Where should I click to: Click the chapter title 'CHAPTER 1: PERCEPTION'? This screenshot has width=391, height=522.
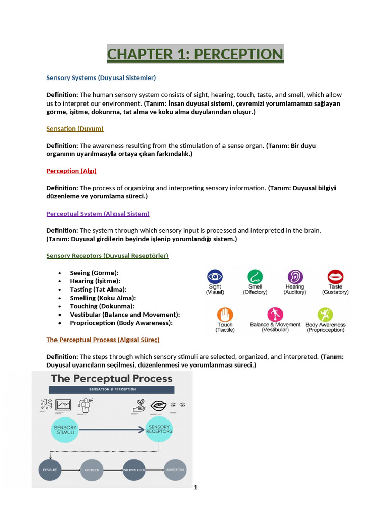tap(195, 54)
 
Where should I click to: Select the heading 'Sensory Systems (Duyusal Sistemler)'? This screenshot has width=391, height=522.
tap(101, 78)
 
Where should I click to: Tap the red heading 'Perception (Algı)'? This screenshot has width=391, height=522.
tap(71, 171)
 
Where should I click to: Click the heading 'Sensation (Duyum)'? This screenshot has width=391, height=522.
tap(75, 129)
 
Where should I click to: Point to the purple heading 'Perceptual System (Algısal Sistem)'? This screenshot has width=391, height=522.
tap(98, 214)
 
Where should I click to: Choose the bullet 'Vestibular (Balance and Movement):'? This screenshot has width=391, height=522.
tap(125, 315)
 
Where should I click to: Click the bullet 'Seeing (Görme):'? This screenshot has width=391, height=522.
tap(94, 273)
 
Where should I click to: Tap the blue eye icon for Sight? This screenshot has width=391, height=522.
tap(215, 277)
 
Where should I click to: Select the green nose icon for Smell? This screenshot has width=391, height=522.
tap(255, 277)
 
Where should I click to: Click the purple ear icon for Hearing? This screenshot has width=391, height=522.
tap(295, 277)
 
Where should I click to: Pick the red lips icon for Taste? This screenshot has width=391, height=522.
tap(336, 277)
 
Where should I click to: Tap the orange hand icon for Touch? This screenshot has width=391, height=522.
tap(225, 315)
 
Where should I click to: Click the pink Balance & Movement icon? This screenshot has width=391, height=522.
tap(275, 315)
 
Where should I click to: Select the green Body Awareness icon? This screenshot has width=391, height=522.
tap(325, 315)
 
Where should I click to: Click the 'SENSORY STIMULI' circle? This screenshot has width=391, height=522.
tap(65, 429)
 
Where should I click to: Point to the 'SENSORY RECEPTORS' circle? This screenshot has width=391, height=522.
tap(159, 429)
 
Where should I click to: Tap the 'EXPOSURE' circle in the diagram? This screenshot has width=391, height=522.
tap(49, 469)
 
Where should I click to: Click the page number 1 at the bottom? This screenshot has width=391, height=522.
tap(195, 487)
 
